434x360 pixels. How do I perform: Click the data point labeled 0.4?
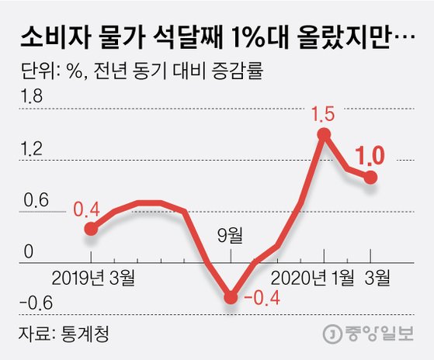91,228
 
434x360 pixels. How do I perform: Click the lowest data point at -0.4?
231,296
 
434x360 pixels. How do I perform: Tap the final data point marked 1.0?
371,177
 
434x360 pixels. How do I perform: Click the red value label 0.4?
86,209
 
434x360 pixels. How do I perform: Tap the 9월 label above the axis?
231,234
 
